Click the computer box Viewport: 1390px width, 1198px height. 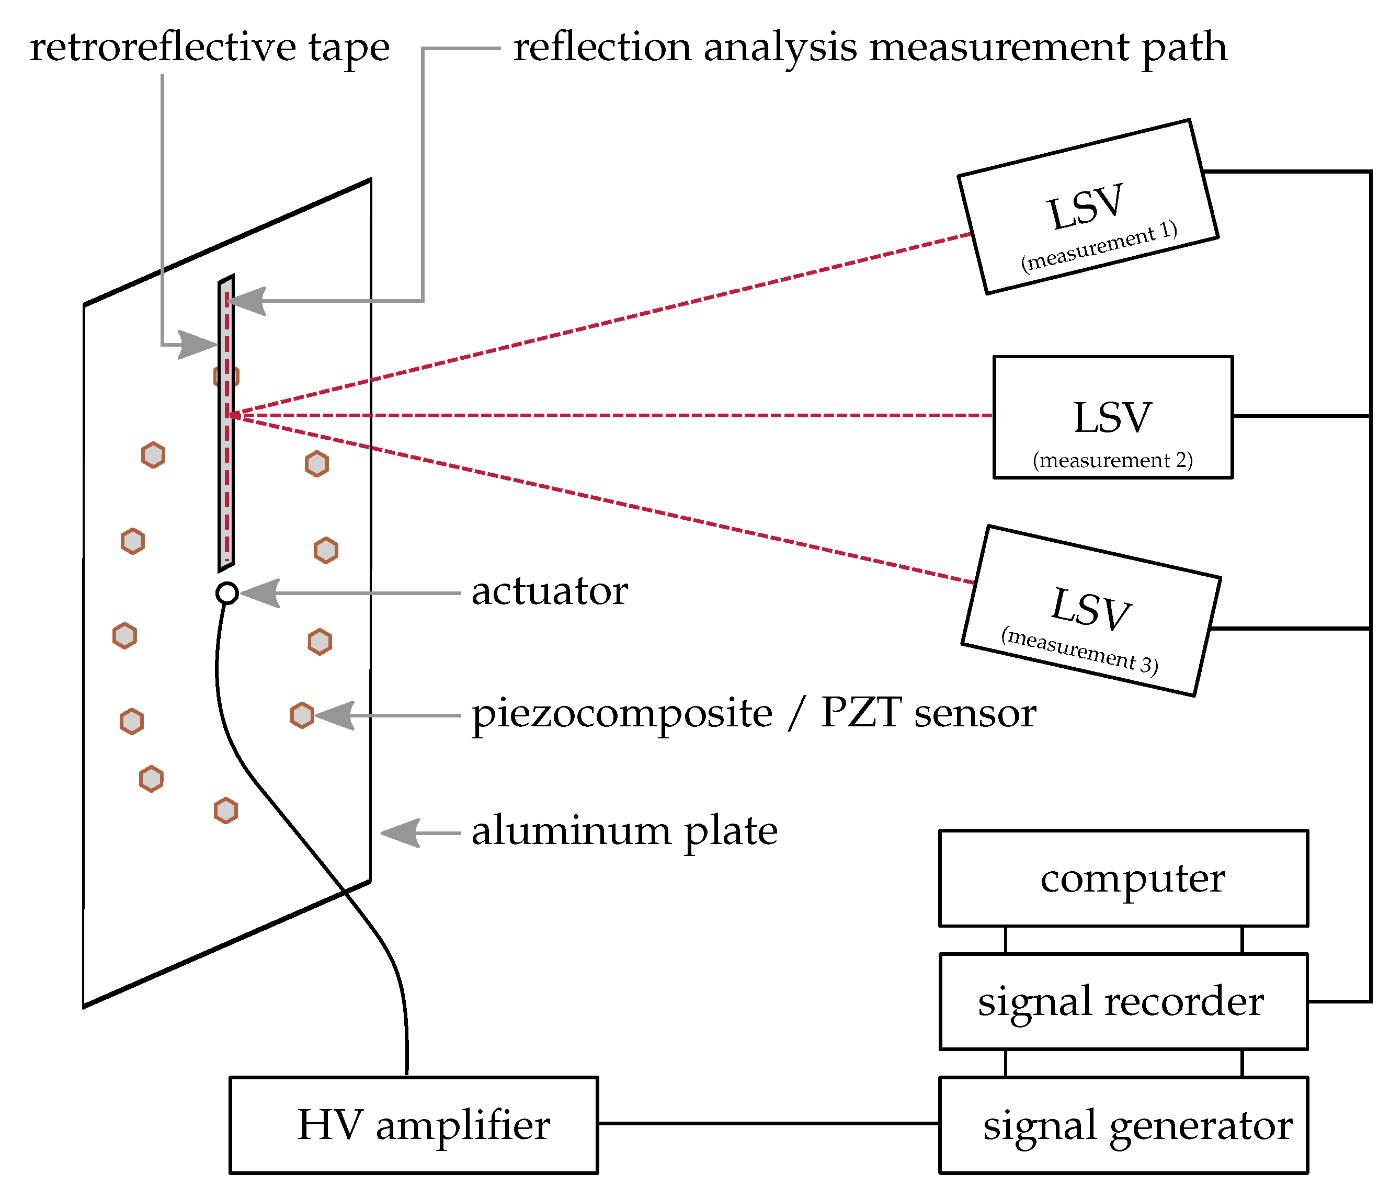(x=1123, y=878)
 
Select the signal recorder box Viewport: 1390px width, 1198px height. (x=1123, y=1001)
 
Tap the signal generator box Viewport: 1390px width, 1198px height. (x=1123, y=1125)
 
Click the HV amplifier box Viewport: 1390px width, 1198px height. (x=413, y=1125)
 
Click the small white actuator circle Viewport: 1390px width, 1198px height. (x=227, y=593)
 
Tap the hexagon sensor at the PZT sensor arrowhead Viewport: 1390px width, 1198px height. (x=302, y=715)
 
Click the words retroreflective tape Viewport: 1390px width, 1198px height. (x=209, y=48)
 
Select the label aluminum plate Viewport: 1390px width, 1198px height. (x=624, y=832)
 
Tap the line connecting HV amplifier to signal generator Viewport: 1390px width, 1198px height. (x=768, y=1123)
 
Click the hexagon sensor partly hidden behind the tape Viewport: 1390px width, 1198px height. (x=226, y=376)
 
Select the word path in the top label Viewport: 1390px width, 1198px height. (x=1184, y=48)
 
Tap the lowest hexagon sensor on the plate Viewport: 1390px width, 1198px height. (x=225, y=811)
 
